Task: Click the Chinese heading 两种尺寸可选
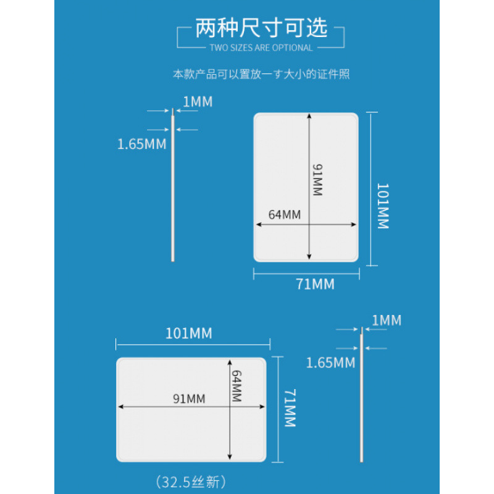pos(261,29)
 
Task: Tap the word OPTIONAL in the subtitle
pos(291,48)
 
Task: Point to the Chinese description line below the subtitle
pos(261,74)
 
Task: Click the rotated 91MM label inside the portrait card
pos(317,180)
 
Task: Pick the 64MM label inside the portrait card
pos(284,215)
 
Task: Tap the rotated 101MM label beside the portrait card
pos(383,206)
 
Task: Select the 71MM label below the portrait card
pos(315,284)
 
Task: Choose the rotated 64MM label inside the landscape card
pos(236,386)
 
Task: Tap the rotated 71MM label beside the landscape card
pos(289,408)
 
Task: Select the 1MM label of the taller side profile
pos(198,101)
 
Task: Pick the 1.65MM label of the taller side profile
pos(142,144)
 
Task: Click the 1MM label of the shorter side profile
pos(387,320)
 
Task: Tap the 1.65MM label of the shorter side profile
pos(331,362)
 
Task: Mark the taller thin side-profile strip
pos(173,185)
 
